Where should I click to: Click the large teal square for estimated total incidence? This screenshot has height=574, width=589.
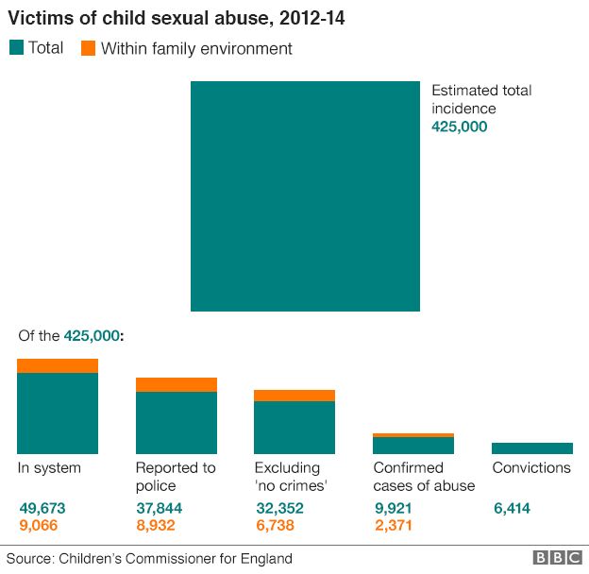(305, 196)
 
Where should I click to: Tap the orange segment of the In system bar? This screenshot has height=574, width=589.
(58, 366)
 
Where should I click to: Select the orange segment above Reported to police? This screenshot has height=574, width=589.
(177, 384)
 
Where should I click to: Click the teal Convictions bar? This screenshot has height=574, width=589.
(532, 448)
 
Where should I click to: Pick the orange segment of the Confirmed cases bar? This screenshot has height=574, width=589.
(413, 435)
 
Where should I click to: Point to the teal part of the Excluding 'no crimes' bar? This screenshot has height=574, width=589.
(294, 428)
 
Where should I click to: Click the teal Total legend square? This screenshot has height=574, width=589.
(15, 47)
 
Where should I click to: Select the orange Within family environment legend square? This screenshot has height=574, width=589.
(87, 47)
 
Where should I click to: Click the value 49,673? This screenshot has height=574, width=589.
(42, 508)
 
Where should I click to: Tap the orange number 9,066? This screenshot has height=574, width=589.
(42, 525)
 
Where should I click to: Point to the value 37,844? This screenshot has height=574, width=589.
(160, 508)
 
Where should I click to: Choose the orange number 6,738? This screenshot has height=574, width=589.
(279, 525)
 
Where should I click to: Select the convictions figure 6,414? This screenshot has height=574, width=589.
(512, 508)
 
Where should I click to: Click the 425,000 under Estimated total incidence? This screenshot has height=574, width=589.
(460, 127)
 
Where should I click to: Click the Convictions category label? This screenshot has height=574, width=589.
(531, 468)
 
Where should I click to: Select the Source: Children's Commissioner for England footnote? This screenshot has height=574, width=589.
(150, 558)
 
